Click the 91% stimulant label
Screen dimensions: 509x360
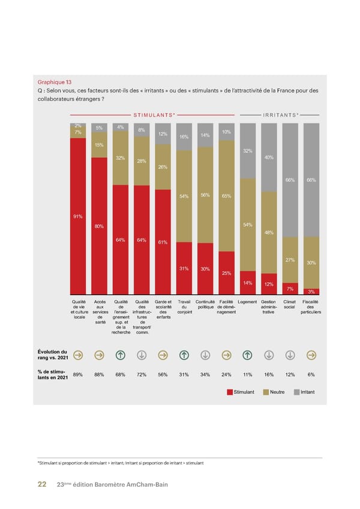tap(77, 217)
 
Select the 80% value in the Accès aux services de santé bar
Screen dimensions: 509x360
tap(99, 226)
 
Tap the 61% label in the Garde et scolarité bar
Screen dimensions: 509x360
tap(163, 242)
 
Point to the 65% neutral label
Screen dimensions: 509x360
tap(226, 196)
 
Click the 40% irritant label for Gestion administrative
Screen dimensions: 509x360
tap(269, 157)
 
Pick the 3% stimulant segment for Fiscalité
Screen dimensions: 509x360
tap(311, 292)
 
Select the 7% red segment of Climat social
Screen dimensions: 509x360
tap(290, 289)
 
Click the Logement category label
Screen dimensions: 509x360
tap(247, 301)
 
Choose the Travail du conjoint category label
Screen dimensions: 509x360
tap(184, 304)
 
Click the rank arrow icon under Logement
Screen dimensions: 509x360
tap(247, 355)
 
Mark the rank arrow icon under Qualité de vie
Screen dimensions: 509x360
tap(77, 355)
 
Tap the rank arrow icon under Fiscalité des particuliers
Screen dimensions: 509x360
tap(311, 355)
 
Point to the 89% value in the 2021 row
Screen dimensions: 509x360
tap(77, 375)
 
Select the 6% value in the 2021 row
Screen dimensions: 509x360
tap(311, 375)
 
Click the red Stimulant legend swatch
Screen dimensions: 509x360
tap(230, 392)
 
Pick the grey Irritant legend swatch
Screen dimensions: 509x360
tap(296, 392)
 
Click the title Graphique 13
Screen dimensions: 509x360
tap(55, 82)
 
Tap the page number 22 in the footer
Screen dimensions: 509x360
tap(42, 484)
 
